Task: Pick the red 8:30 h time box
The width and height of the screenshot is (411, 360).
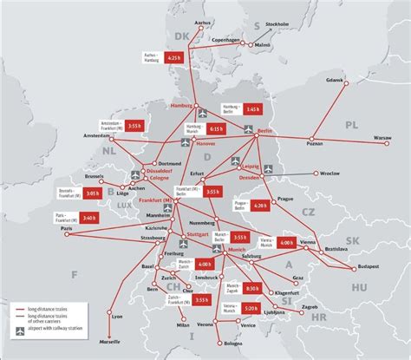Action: tap(251, 288)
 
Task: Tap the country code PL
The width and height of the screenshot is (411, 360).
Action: tap(350, 126)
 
